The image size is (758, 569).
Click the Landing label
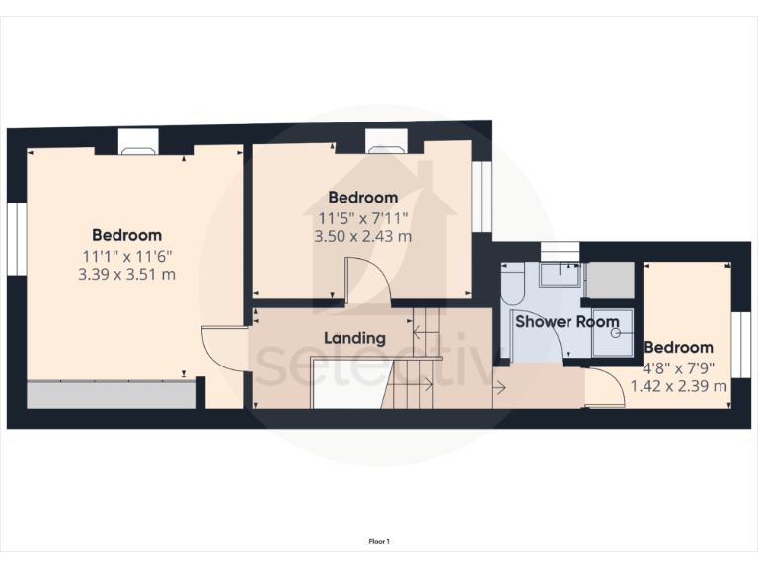tap(354, 338)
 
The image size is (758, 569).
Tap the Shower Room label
tap(568, 321)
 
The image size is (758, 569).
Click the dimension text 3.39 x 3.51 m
tap(126, 274)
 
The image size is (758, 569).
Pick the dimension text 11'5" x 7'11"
tap(362, 218)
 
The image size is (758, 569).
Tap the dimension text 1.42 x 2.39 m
tap(679, 386)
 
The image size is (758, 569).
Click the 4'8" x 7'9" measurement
tap(679, 367)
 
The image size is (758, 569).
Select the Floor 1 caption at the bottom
tap(379, 541)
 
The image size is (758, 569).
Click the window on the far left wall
tap(16, 233)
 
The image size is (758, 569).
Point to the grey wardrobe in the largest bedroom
tap(112, 395)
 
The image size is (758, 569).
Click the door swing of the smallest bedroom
tap(604, 387)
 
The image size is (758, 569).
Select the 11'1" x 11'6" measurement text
tap(126, 255)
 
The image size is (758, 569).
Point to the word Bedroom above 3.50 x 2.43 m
tap(362, 198)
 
